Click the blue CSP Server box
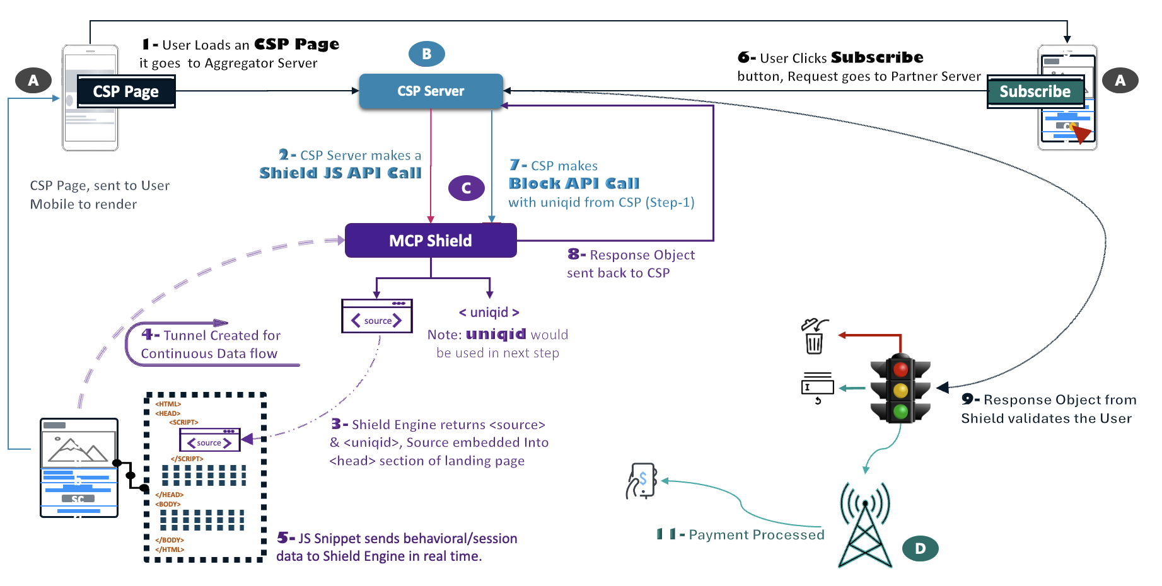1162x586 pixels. point(431,91)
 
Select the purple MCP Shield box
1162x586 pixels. point(431,241)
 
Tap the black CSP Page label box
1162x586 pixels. point(126,92)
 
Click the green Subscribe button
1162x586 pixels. point(1035,92)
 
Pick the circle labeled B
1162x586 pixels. point(427,54)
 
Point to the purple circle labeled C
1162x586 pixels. point(467,188)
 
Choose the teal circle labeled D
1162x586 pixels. point(920,548)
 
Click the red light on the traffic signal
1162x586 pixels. point(900,370)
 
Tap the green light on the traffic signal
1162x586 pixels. point(900,412)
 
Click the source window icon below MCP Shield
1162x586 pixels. point(377,316)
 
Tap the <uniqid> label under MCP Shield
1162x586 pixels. point(489,313)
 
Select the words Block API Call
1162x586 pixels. point(574,183)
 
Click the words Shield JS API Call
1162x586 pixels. point(340,173)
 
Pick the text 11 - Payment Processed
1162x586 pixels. point(740,534)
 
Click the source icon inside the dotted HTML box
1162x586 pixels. point(210,440)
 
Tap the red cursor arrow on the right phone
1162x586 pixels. point(1081,134)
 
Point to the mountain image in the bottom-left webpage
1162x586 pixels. point(78,449)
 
